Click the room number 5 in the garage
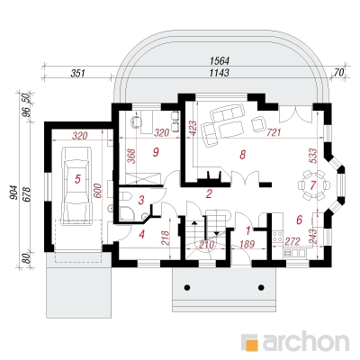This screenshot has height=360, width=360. (x=77, y=179)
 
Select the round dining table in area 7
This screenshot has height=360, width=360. (x=313, y=185)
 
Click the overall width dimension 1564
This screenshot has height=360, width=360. (x=220, y=61)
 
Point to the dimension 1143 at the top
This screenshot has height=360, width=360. (x=220, y=73)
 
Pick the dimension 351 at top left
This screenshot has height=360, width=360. (x=78, y=74)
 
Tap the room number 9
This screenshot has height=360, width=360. (x=155, y=152)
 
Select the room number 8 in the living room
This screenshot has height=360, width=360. (x=242, y=155)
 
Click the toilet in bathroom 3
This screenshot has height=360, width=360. (x=126, y=196)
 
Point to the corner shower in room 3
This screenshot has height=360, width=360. (x=129, y=214)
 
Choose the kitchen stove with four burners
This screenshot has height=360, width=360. (x=278, y=236)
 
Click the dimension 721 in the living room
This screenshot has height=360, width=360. (x=274, y=132)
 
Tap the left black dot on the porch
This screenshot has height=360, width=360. (x=187, y=287)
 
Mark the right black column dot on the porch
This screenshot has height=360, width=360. (x=262, y=287)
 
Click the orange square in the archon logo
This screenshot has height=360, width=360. (x=251, y=344)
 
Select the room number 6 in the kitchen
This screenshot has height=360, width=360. (x=299, y=220)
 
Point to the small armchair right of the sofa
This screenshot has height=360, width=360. (x=259, y=124)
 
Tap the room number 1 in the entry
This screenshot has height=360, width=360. (x=248, y=230)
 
